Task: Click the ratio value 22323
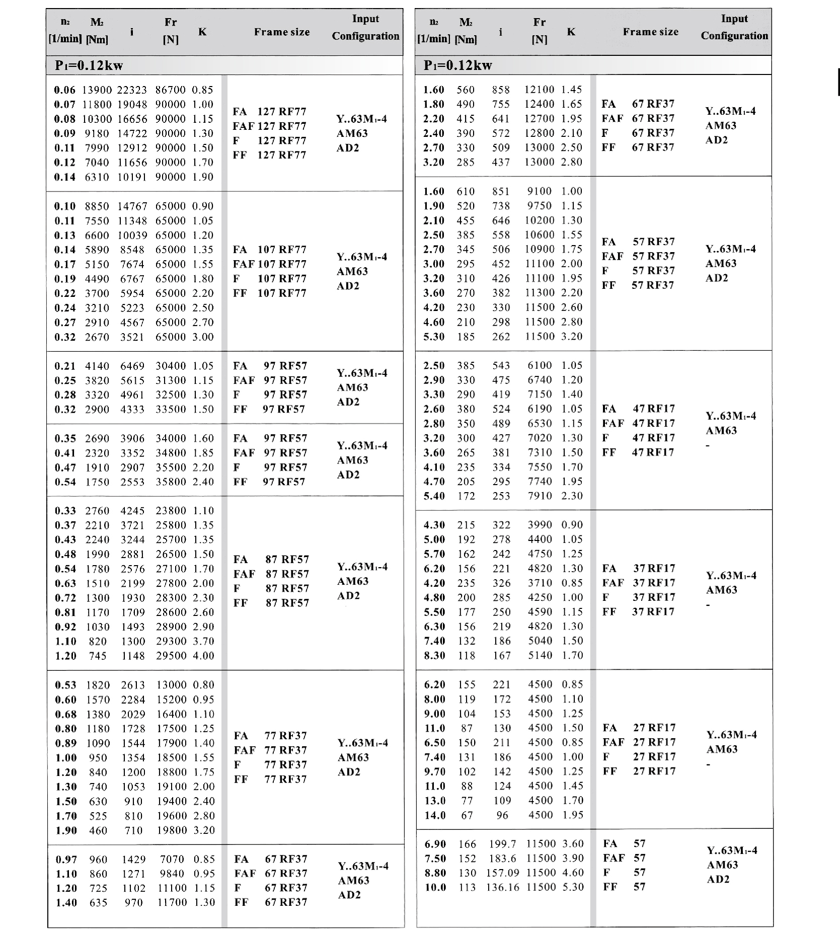tap(132, 90)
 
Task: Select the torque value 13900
tap(97, 90)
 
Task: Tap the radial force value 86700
tap(170, 90)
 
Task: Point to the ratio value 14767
tap(132, 206)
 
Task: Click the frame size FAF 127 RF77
tap(269, 126)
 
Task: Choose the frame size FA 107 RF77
tap(269, 250)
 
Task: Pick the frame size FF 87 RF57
tap(271, 603)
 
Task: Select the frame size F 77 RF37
tap(271, 765)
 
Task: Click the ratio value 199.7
tap(503, 844)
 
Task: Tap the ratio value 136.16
tap(503, 887)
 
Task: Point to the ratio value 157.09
tap(503, 873)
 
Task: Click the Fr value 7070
tap(173, 859)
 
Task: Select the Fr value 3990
tap(540, 525)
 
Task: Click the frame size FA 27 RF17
tap(639, 728)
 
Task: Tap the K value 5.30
tap(573, 887)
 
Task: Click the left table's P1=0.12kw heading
tap(89, 65)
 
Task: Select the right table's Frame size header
tap(650, 32)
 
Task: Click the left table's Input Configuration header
tap(365, 28)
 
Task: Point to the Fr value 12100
tap(540, 90)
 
